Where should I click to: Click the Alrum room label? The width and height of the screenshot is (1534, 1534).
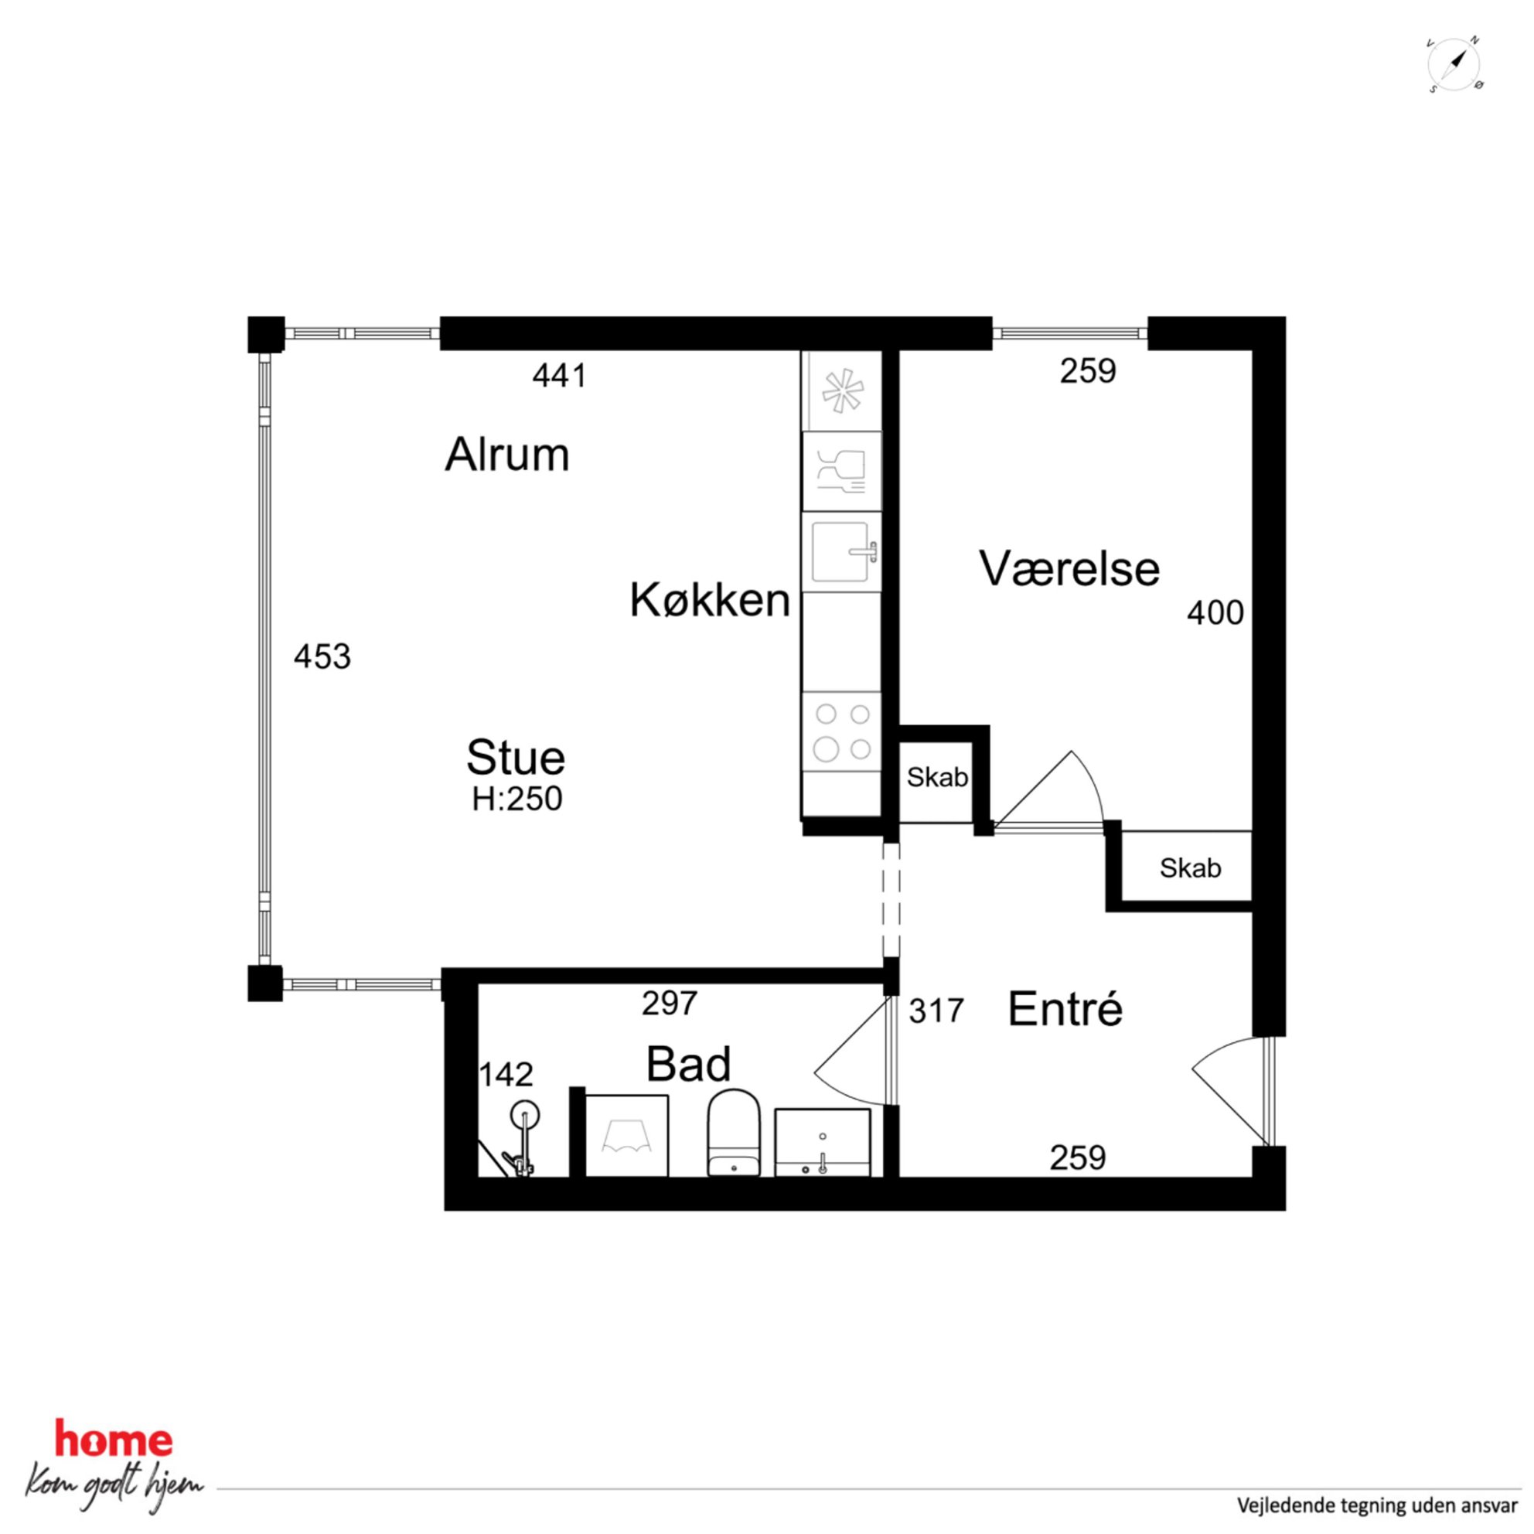click(x=506, y=455)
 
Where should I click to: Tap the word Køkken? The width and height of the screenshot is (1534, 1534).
click(x=710, y=600)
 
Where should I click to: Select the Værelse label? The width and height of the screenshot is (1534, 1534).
click(x=1069, y=568)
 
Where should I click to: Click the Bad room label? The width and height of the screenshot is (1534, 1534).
click(x=687, y=1064)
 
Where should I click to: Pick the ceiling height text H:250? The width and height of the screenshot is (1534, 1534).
click(x=517, y=799)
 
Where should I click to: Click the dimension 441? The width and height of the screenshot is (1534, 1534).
click(x=560, y=376)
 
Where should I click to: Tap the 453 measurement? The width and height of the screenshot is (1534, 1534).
click(x=322, y=656)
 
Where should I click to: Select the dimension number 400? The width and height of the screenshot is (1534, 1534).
click(x=1215, y=612)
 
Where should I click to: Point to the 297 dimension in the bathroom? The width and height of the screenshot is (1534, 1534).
click(x=670, y=1004)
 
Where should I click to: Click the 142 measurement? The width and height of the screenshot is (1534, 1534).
click(x=506, y=1074)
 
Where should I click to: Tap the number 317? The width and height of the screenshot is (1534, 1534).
click(x=936, y=1011)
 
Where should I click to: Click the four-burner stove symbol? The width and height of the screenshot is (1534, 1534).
click(x=842, y=731)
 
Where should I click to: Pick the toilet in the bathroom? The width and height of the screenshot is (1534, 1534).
click(x=733, y=1133)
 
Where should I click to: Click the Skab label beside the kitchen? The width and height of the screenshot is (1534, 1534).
click(x=937, y=777)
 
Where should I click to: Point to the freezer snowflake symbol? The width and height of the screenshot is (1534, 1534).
click(x=842, y=391)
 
